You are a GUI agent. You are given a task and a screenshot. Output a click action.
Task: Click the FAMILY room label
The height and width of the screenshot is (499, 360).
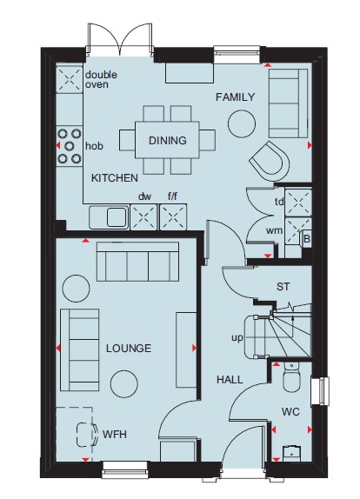coord(236,96)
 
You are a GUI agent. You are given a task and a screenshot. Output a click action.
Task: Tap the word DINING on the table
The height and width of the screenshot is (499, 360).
coord(168,140)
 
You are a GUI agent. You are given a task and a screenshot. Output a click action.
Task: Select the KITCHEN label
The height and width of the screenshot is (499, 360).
coord(115,178)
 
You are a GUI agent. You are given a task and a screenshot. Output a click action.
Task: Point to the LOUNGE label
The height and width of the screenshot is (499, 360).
coord(129,348)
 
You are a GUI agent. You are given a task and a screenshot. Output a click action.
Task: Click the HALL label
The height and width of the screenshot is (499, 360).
coord(230,379)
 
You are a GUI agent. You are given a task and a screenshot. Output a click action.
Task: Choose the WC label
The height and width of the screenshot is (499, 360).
coord(290,412)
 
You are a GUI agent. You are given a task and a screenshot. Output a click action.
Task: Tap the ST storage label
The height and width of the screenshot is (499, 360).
coord(283,287)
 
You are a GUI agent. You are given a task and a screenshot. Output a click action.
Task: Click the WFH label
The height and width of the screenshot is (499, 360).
coord(115,434)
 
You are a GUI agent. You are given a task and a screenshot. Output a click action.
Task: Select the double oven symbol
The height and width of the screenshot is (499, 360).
coord(70,79)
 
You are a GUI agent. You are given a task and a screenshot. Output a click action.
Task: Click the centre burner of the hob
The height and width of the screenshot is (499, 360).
coord(69,146)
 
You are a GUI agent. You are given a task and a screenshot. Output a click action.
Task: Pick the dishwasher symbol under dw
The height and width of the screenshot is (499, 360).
coord(143,217)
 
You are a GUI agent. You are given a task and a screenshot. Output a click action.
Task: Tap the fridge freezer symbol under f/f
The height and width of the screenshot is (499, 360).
coord(173,217)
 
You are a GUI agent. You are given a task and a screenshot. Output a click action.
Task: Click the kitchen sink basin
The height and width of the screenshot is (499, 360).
coord(117,217)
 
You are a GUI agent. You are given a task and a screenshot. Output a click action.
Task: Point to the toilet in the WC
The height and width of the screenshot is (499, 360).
coord(291,377)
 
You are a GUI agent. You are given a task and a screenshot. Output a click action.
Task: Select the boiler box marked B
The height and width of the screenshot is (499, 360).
coord(307,238)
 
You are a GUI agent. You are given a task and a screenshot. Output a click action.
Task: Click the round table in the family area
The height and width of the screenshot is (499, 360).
coord(242,123)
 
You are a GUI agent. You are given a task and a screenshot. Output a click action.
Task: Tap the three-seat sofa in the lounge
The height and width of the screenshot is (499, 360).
coord(137,262)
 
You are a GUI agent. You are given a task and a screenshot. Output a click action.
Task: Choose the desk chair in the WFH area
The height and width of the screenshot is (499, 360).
coord(87,435)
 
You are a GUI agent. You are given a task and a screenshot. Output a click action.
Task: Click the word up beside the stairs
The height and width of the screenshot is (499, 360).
coord(237,337)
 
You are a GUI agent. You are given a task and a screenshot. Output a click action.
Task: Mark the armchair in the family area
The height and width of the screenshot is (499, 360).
coord(270,162)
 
